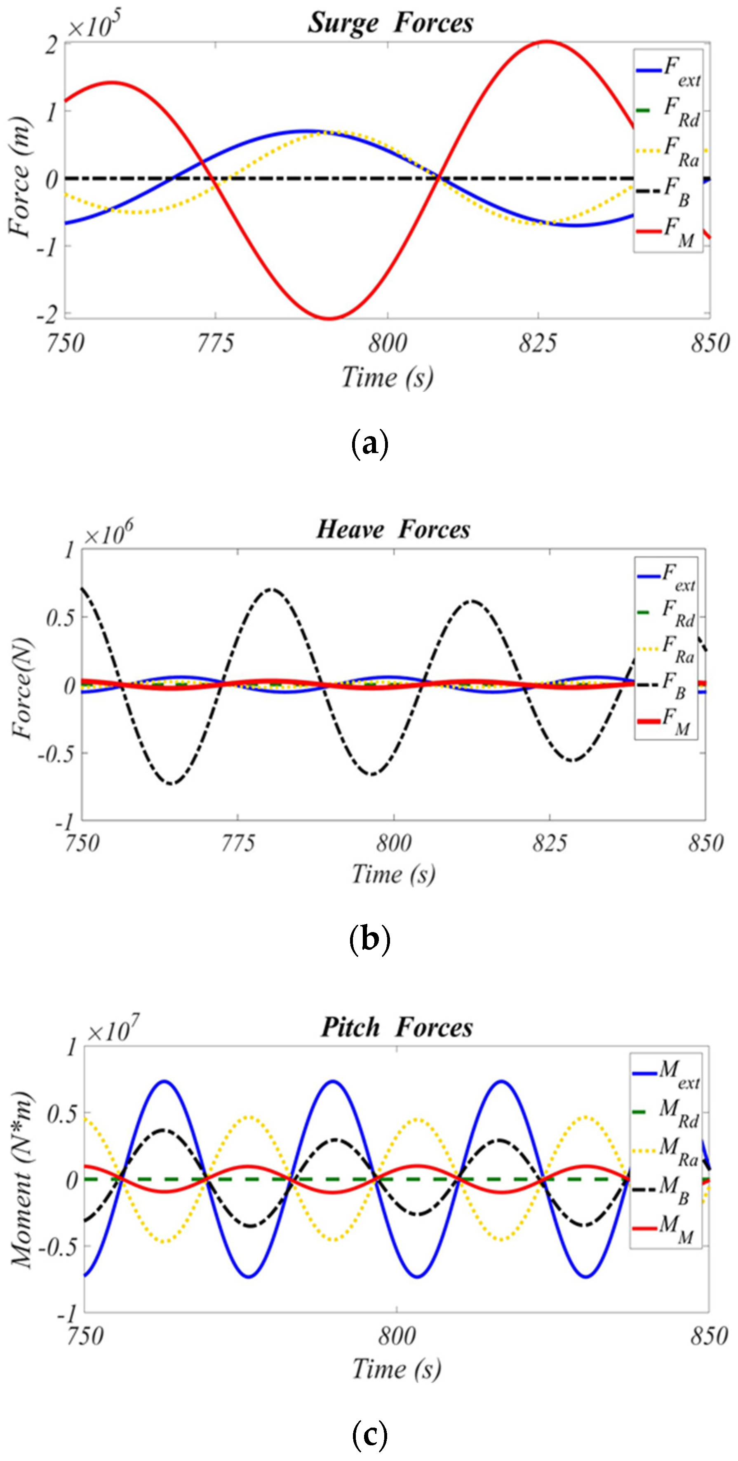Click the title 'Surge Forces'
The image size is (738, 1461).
pyautogui.click(x=390, y=23)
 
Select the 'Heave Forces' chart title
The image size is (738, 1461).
pyautogui.click(x=393, y=529)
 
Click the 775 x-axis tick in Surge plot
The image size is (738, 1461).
pyautogui.click(x=215, y=343)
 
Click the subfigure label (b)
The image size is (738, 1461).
pyautogui.click(x=369, y=940)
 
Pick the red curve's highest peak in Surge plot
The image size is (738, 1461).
pyautogui.click(x=546, y=41)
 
